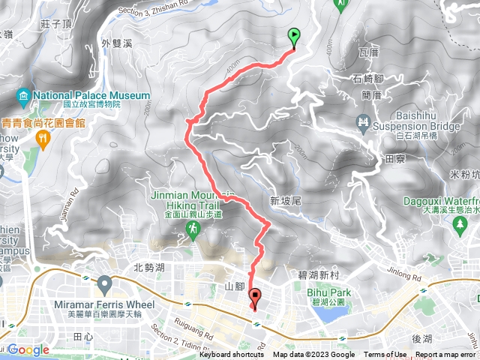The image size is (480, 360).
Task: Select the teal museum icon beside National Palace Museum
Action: pyautogui.click(x=22, y=96)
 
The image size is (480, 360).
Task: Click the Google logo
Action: pyautogui.click(x=28, y=349)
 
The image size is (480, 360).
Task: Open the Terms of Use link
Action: pyautogui.click(x=385, y=355)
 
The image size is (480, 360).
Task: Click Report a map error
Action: pyautogui.click(x=445, y=355)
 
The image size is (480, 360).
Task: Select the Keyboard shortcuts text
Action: pyautogui.click(x=232, y=355)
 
